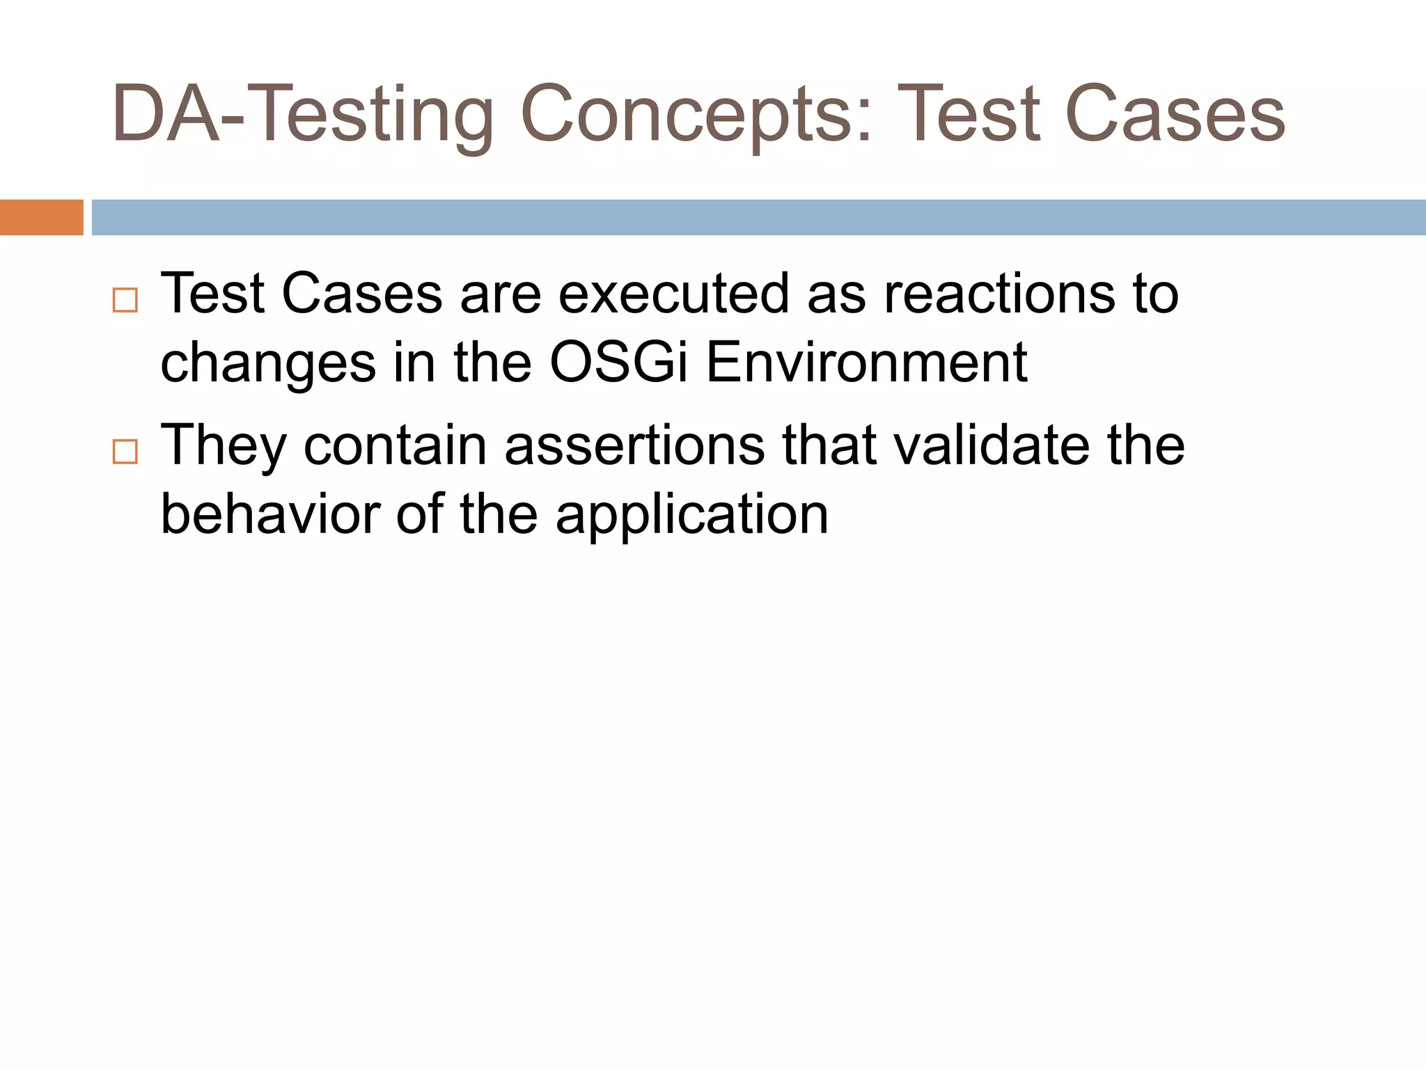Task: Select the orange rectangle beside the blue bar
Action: pos(41,217)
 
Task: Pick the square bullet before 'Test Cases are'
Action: pos(125,301)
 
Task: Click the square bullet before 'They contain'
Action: pos(125,452)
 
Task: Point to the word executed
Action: pos(673,294)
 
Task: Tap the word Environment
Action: pos(866,363)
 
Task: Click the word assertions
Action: pos(634,445)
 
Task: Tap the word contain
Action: pos(395,445)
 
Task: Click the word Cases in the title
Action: pos(1175,115)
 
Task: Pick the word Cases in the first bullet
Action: pos(361,294)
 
